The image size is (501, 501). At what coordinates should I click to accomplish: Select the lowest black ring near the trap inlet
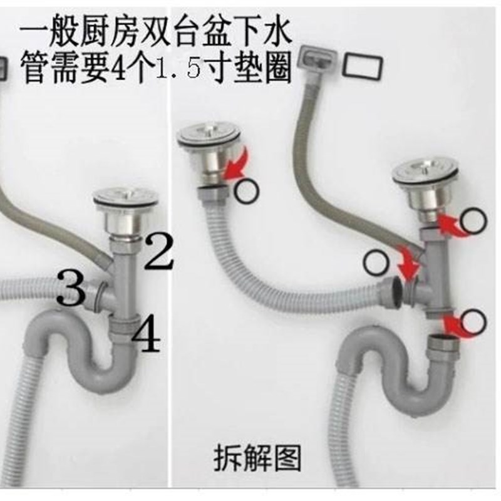point(474,322)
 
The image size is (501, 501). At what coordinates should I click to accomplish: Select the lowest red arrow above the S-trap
point(452,323)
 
